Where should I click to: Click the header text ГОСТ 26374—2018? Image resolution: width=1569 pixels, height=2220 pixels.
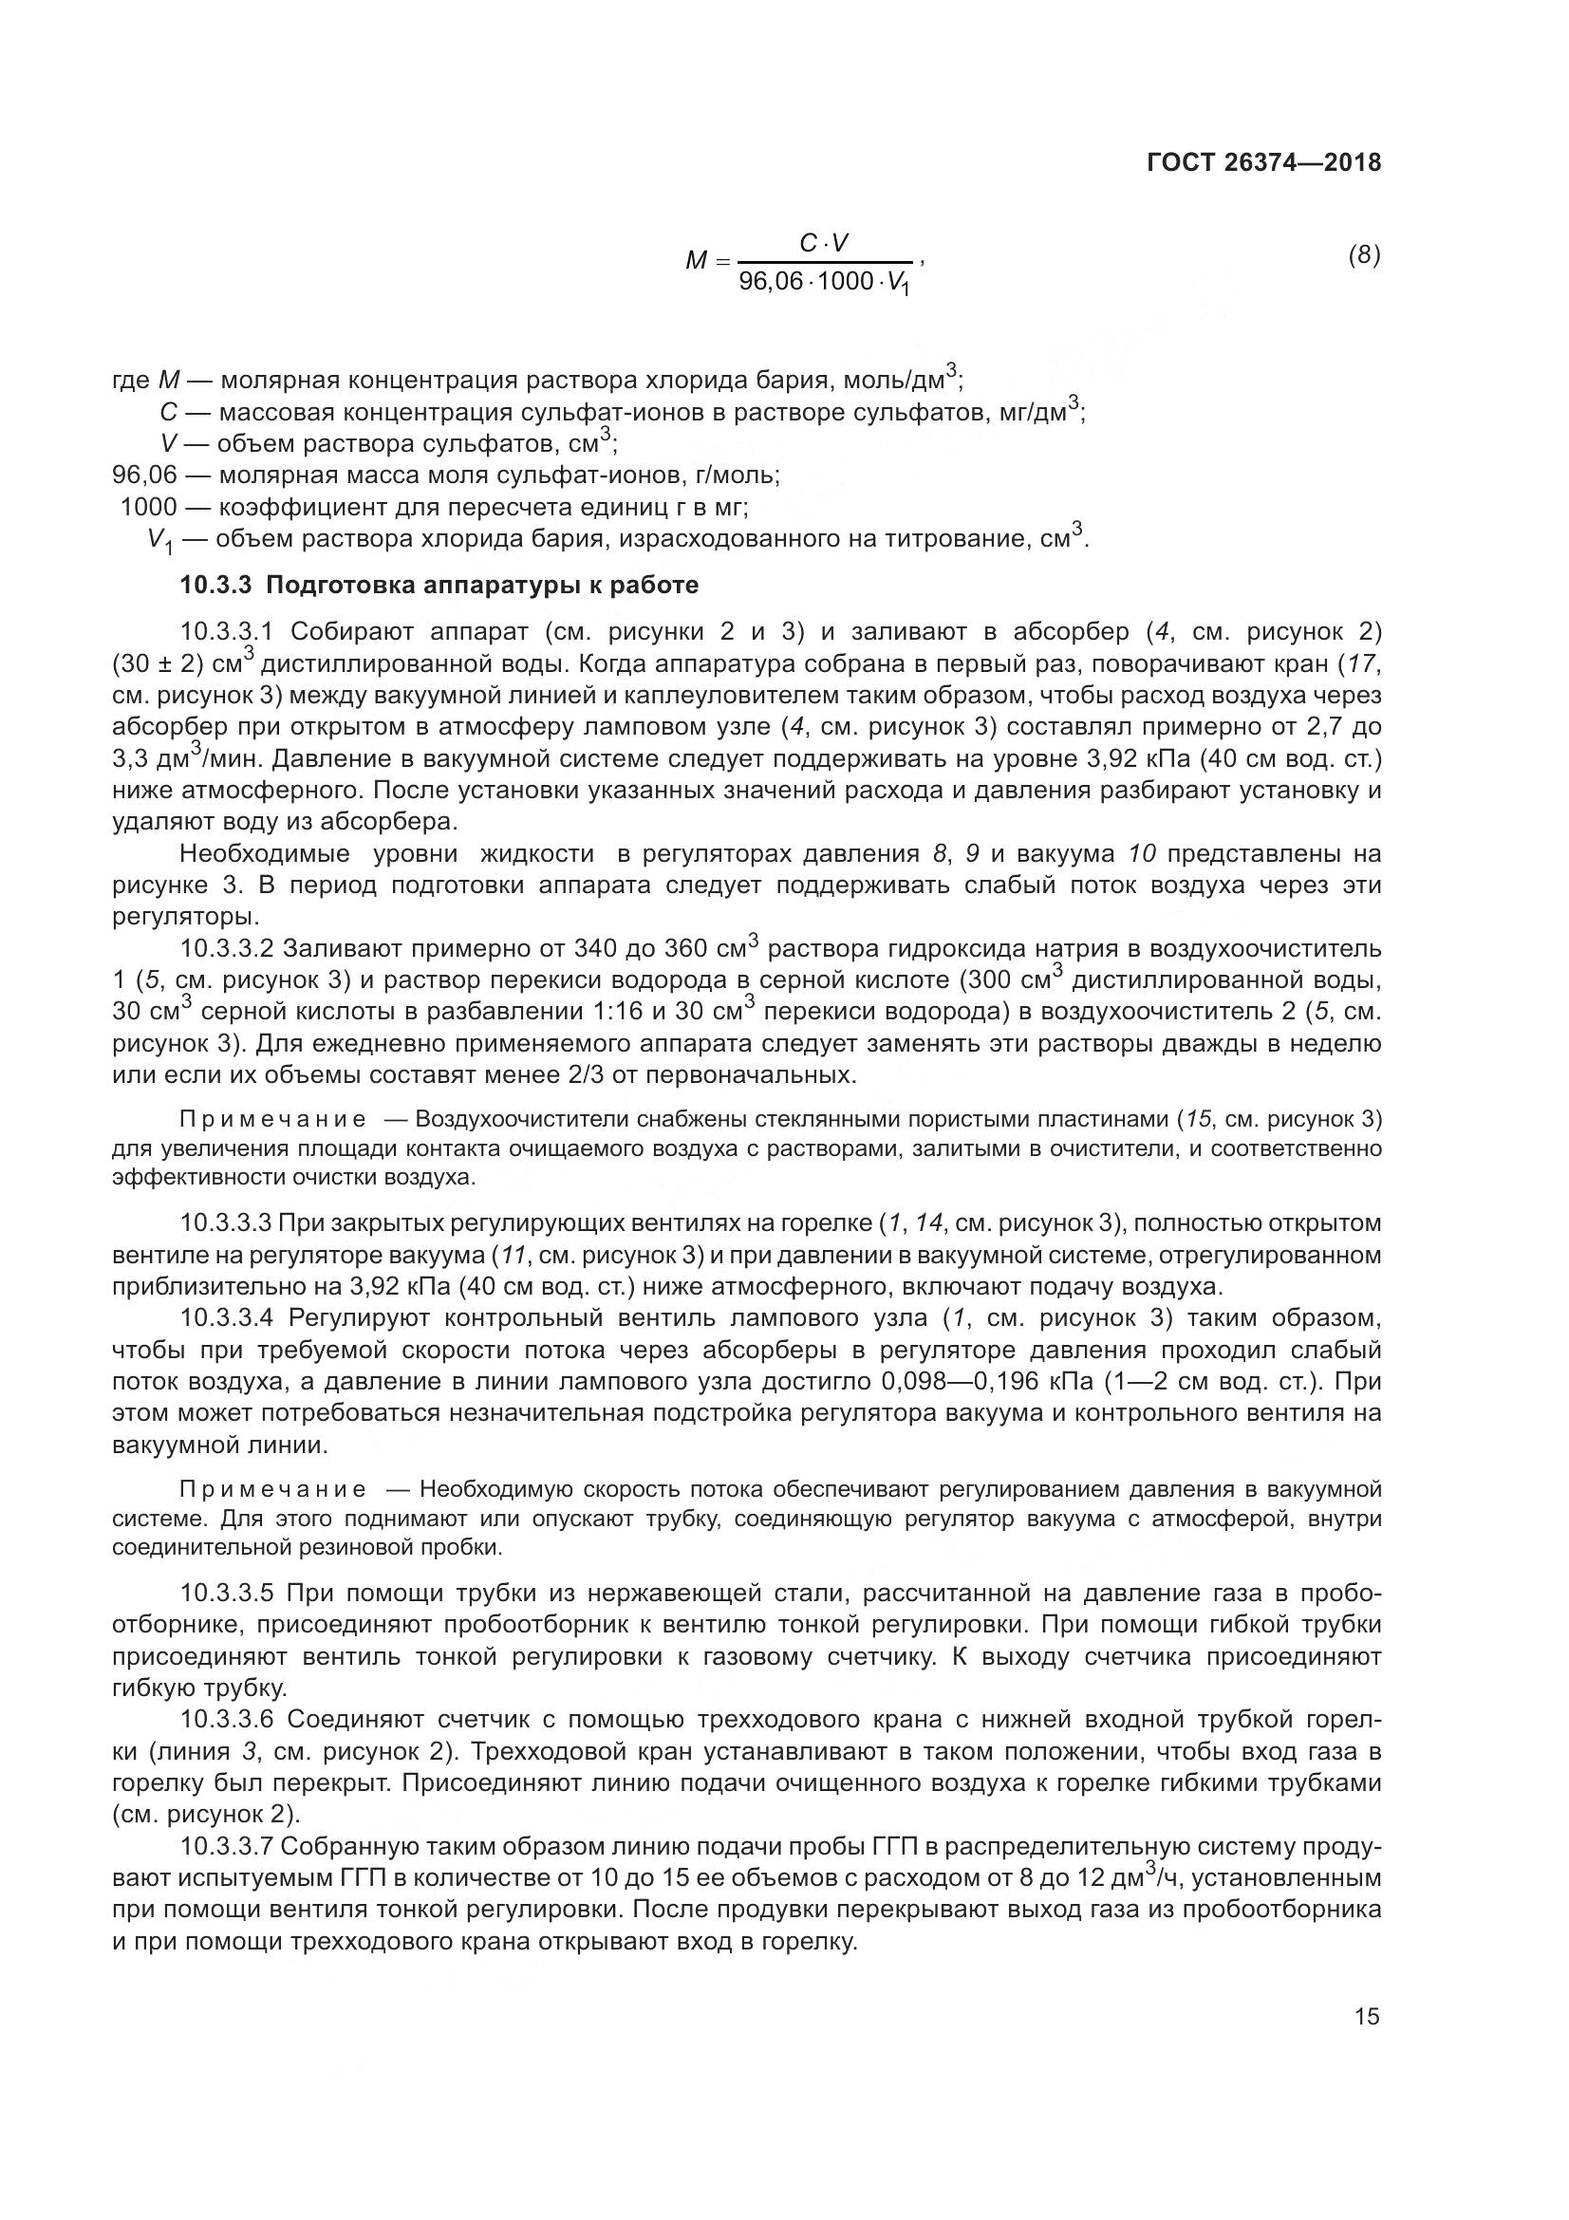coord(1263,162)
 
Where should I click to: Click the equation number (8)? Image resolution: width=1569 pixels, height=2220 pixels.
coord(1364,255)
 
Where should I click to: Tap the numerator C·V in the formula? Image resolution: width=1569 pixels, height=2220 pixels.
coord(825,244)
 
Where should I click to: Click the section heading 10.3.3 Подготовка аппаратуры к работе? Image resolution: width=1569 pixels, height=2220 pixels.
coord(439,585)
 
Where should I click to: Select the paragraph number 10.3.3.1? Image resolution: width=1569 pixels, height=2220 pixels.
coord(228,632)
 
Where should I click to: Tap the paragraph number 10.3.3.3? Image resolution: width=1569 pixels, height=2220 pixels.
coord(228,1224)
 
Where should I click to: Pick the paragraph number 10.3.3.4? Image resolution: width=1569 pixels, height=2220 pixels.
coord(228,1319)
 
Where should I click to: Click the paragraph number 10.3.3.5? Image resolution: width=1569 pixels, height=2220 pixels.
coord(228,1593)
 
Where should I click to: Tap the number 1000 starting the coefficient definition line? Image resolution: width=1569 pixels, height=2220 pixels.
coord(149,507)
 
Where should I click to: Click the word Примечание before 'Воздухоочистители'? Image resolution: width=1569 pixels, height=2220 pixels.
coord(273,1120)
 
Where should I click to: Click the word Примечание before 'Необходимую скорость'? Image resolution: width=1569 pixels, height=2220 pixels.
coord(273,1489)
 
